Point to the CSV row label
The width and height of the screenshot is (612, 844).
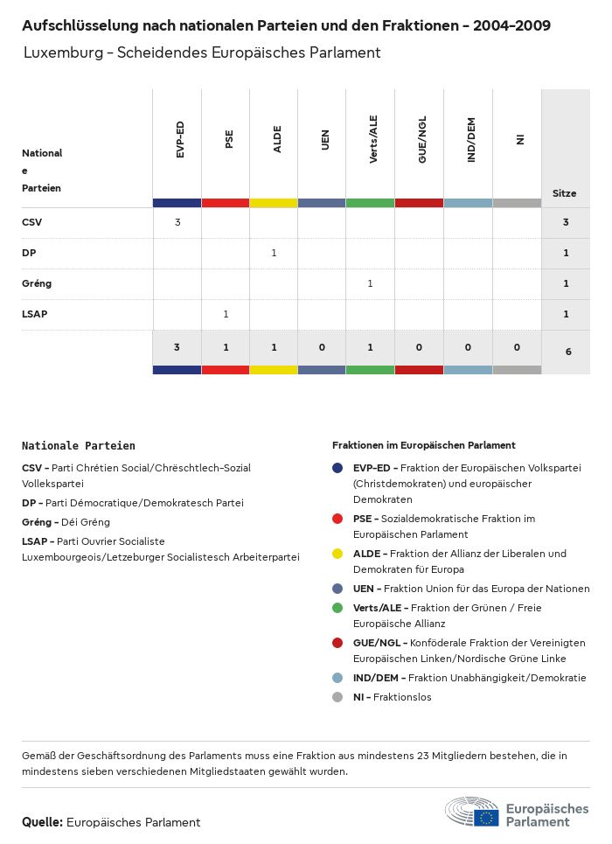(x=31, y=222)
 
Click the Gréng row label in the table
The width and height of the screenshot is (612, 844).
(x=37, y=283)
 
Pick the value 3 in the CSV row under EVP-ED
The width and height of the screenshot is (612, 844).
(x=177, y=222)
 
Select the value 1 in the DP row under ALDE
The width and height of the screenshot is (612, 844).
(x=274, y=253)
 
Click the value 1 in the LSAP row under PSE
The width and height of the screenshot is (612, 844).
(x=226, y=314)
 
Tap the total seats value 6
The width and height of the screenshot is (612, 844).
(x=566, y=352)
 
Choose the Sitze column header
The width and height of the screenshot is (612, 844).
(x=565, y=193)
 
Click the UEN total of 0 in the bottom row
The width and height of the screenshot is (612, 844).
(x=322, y=347)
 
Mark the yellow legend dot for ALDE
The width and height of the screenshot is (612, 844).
(x=337, y=554)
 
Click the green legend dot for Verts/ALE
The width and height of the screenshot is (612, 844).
(x=337, y=608)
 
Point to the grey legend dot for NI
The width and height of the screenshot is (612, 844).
(x=337, y=697)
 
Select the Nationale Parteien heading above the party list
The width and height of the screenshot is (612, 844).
(x=79, y=446)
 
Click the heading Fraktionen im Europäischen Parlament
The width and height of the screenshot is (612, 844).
(x=424, y=445)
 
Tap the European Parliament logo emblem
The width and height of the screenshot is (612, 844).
(x=472, y=813)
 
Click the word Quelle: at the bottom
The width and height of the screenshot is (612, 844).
(x=42, y=822)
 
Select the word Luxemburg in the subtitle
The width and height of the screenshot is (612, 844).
(x=59, y=52)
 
